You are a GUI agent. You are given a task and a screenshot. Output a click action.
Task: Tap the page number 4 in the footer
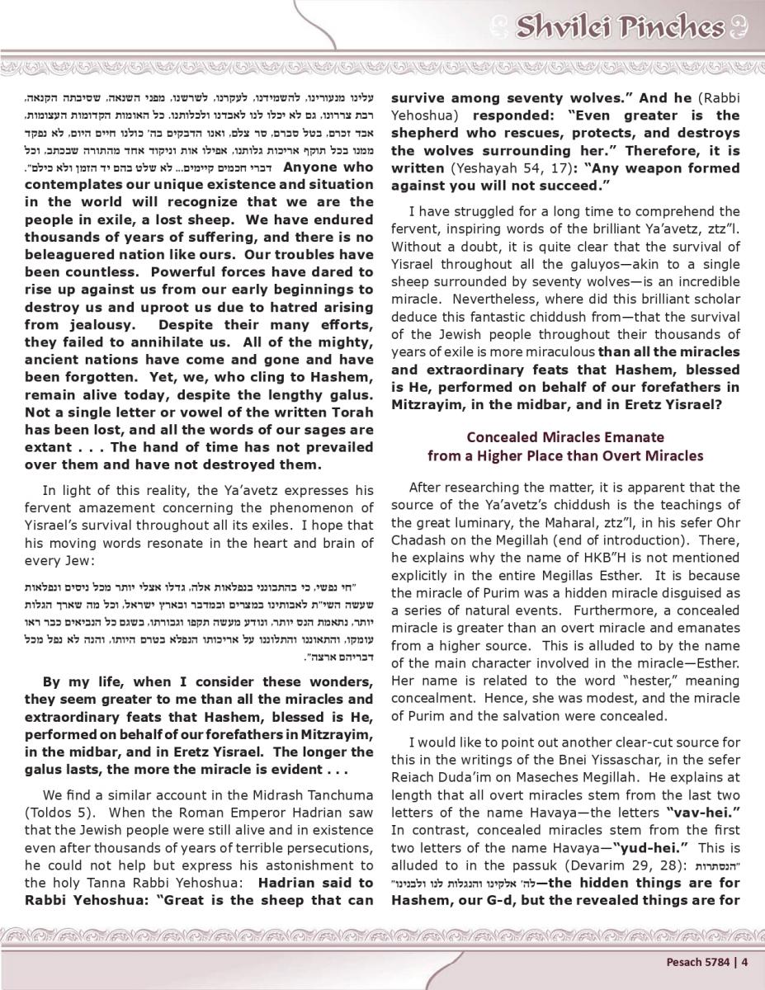click(744, 959)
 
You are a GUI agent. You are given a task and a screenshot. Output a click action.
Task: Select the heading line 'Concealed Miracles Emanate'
click(564, 436)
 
